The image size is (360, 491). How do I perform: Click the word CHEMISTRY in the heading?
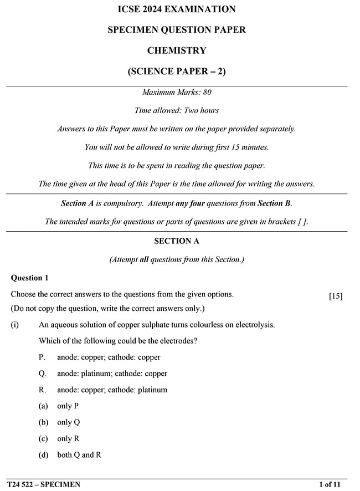tap(177, 50)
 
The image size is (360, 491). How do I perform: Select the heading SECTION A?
tap(177, 241)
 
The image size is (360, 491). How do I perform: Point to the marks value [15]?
tap(336, 296)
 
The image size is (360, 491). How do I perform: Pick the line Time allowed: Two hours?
tap(177, 111)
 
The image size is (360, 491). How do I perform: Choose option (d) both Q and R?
tap(71, 454)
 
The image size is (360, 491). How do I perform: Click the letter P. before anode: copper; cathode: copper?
tap(42, 357)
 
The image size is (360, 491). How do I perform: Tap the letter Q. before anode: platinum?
tap(43, 374)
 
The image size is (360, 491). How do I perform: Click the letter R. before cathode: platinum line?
tap(43, 390)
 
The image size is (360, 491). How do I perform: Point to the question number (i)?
tap(14, 325)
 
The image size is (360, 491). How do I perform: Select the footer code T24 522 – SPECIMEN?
tap(44, 484)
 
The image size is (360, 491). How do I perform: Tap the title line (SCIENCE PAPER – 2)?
tap(177, 71)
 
